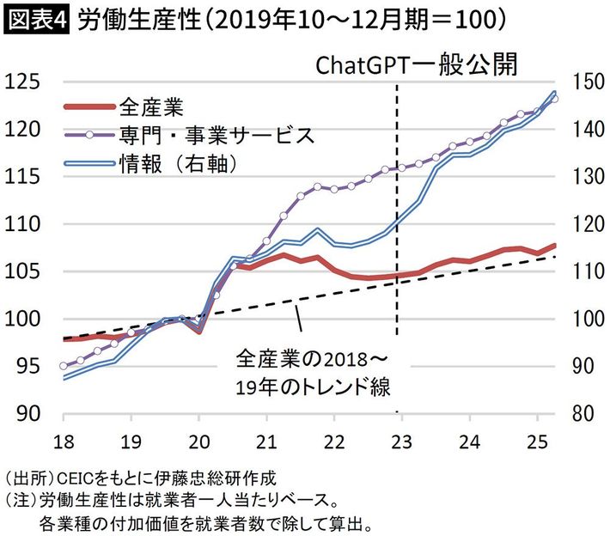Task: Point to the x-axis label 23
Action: tap(397, 436)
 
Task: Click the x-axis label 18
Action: tap(64, 436)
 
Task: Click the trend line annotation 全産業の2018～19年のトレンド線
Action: tap(313, 370)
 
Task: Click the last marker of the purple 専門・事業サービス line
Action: tap(554, 99)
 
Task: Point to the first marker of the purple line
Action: tap(64, 366)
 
